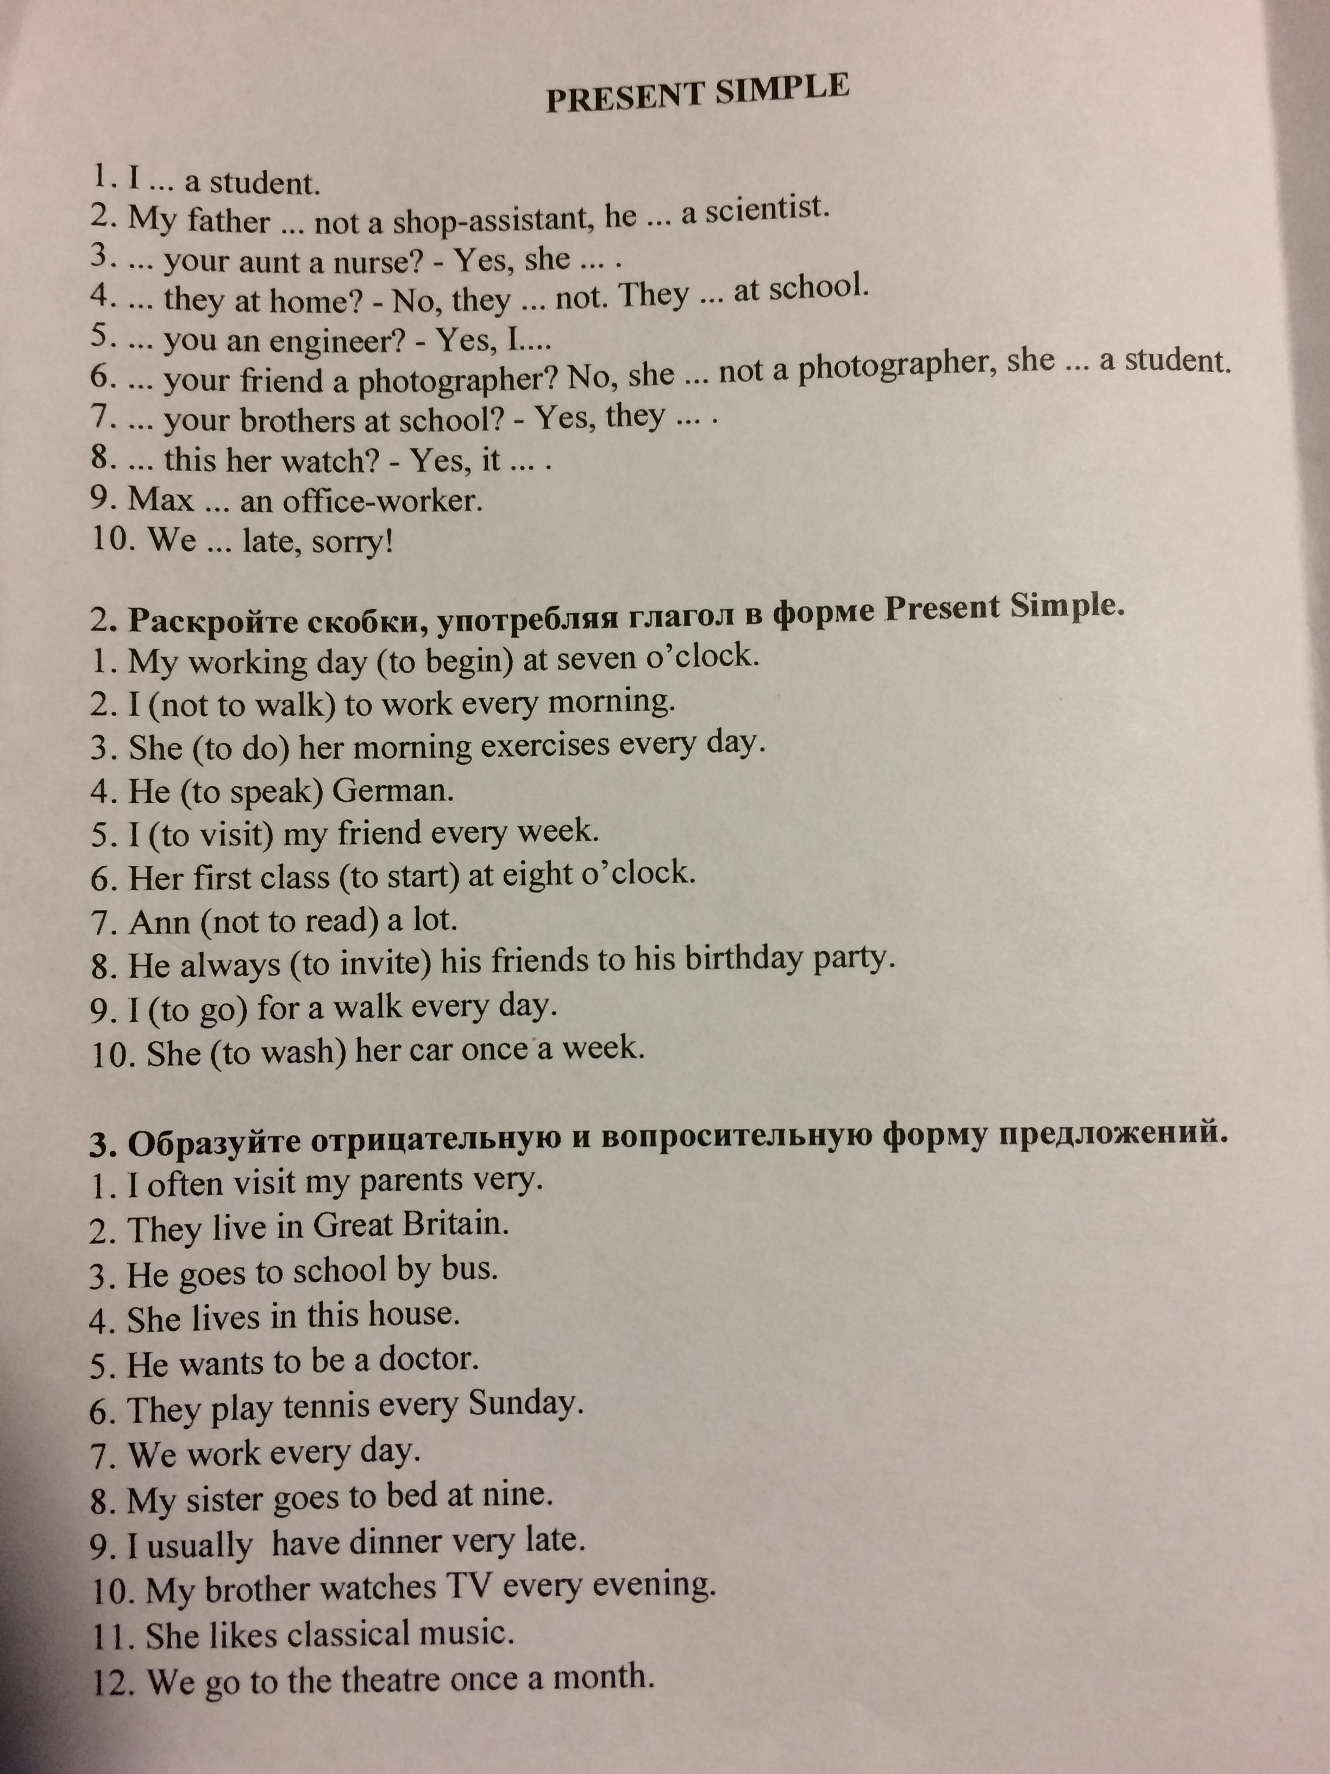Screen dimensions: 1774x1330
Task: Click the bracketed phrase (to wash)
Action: (278, 1051)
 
